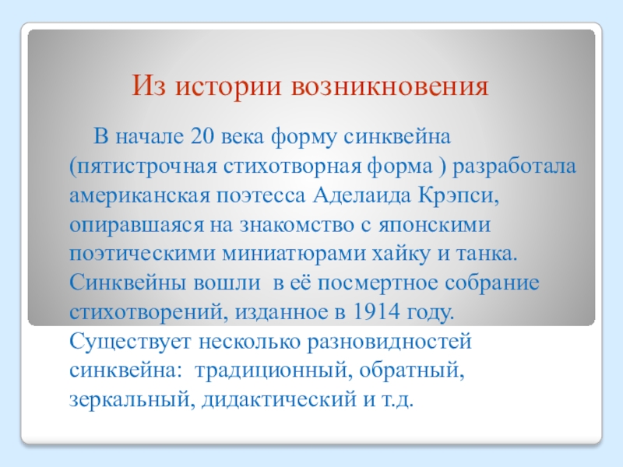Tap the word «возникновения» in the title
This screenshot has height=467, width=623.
point(390,86)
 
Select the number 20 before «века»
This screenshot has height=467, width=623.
point(202,136)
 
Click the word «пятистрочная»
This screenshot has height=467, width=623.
point(143,167)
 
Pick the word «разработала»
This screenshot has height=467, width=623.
point(515,167)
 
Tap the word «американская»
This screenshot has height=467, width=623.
point(139,197)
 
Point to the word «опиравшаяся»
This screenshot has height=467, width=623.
point(136,226)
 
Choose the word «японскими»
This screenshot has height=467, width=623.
point(435,226)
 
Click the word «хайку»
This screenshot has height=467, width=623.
point(400,255)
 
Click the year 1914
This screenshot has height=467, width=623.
point(375,312)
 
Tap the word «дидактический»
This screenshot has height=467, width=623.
point(279,400)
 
